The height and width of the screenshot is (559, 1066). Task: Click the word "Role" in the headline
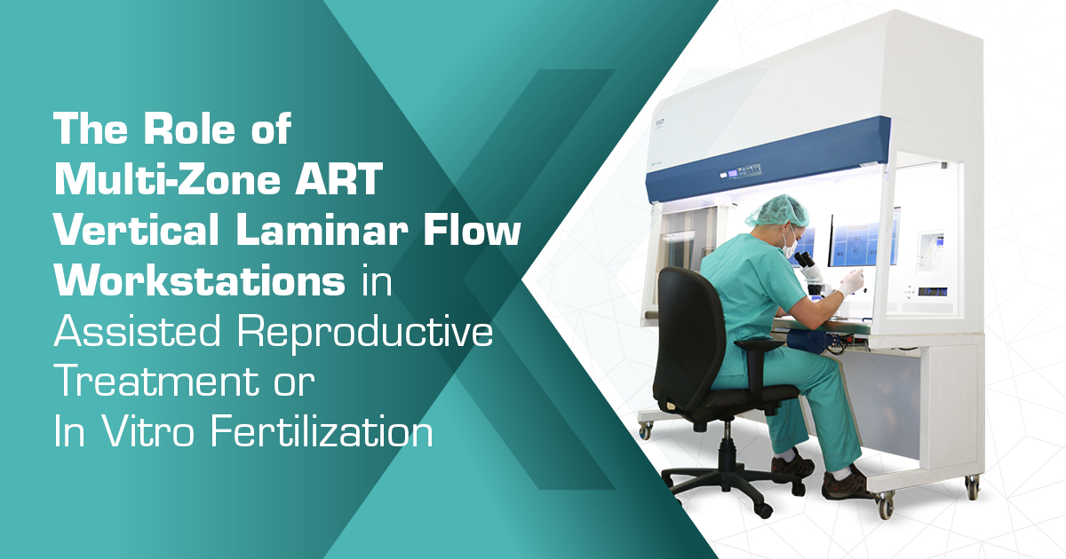coord(189,129)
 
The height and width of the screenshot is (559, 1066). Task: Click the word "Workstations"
coord(199,282)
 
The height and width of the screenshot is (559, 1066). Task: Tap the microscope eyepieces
coord(802,259)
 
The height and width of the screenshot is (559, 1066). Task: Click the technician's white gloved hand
coord(850,282)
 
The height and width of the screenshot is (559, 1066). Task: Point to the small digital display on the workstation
coord(932,291)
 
